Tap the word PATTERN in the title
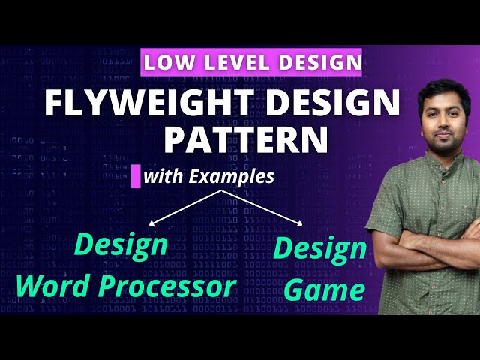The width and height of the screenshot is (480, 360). pyautogui.click(x=246, y=139)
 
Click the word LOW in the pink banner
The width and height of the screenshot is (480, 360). pyautogui.click(x=169, y=61)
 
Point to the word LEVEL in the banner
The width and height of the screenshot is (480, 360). pyautogui.click(x=231, y=61)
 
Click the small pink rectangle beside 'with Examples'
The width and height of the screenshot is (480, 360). pyautogui.click(x=136, y=177)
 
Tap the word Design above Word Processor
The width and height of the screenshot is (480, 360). pyautogui.click(x=121, y=244)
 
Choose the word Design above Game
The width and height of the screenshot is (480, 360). pyautogui.click(x=320, y=249)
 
